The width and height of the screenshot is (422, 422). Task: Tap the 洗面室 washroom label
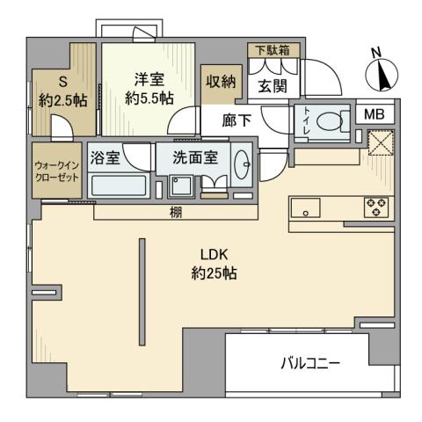pos(193,160)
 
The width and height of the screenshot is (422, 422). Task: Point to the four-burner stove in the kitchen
pos(375,207)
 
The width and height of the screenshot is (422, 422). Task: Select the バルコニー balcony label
pos(310,362)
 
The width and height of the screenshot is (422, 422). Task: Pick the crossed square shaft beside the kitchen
pos(381,143)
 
